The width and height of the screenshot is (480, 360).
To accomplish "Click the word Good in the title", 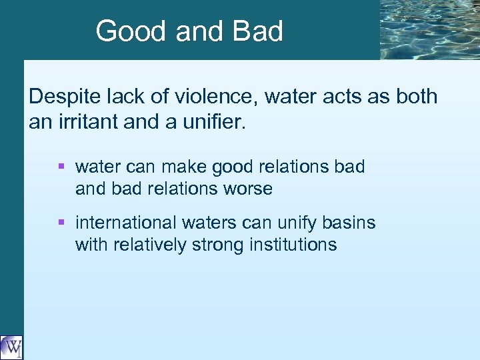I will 125,31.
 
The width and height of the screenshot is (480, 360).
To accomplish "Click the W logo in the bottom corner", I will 11,347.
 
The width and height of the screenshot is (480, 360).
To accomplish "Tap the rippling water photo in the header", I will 429,29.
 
